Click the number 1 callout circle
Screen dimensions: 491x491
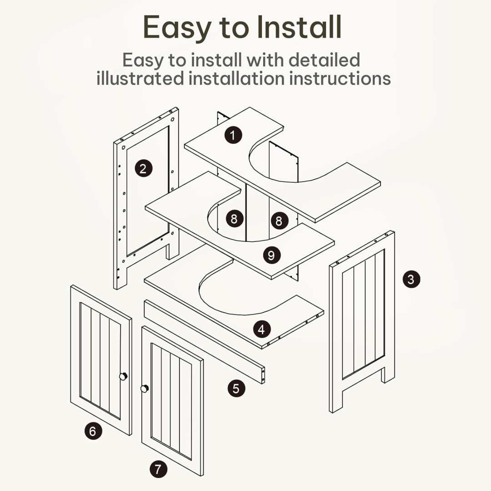tap(233, 135)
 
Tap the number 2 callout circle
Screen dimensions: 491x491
tap(143, 169)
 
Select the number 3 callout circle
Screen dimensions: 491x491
tap(411, 279)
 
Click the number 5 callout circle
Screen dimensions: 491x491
tap(236, 388)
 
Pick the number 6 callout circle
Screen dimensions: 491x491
tap(93, 431)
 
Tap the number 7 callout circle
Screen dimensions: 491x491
tap(158, 469)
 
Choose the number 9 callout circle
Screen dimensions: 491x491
tap(271, 255)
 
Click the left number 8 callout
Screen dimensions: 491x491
tap(235, 219)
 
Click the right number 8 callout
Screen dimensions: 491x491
tap(279, 220)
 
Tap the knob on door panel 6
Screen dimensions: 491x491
tap(123, 376)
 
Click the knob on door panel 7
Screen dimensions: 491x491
tap(145, 389)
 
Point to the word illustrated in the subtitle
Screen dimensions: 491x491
tap(140, 78)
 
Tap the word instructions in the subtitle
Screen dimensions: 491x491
tap(340, 78)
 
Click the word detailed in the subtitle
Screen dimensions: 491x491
tap(324, 60)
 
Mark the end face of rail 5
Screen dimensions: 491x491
tap(263, 375)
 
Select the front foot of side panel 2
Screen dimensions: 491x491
tap(120, 277)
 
